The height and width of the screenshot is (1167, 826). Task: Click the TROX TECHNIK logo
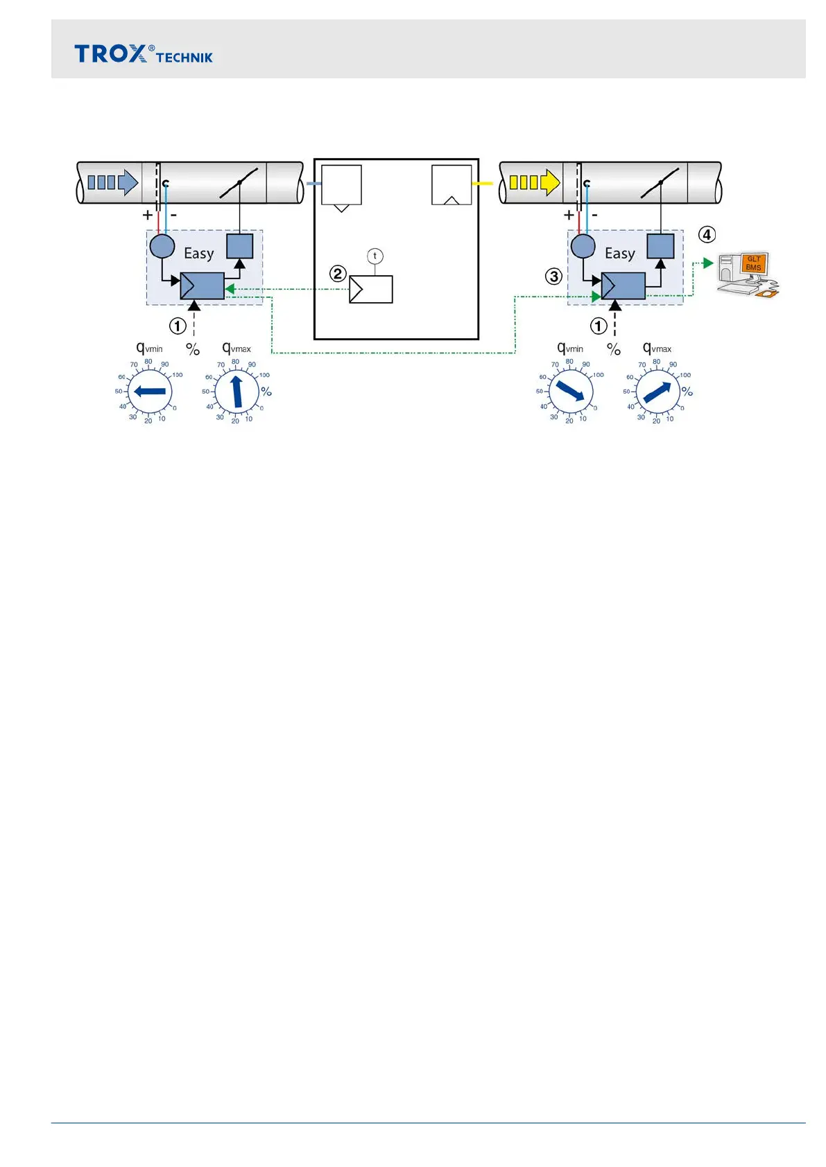click(143, 54)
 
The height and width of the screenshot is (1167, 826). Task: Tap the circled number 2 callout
click(338, 274)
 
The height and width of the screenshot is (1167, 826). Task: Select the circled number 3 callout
click(553, 277)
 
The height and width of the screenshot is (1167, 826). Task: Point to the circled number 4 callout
click(707, 235)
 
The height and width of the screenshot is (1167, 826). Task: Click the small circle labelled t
click(375, 256)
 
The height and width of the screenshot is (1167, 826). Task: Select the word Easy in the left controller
click(198, 254)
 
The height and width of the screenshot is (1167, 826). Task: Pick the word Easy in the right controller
click(619, 254)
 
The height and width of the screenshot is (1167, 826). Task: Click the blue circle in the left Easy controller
click(162, 246)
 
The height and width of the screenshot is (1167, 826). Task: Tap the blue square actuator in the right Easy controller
click(660, 246)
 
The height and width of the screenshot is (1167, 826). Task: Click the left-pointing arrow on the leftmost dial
click(149, 392)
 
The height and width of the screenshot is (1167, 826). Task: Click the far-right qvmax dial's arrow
click(658, 392)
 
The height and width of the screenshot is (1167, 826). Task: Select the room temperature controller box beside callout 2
click(371, 289)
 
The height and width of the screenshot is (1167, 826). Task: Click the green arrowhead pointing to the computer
click(708, 263)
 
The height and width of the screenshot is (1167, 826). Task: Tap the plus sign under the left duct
click(148, 216)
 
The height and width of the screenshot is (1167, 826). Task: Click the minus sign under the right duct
click(595, 216)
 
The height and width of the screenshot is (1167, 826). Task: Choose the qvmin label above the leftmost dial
click(149, 348)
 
